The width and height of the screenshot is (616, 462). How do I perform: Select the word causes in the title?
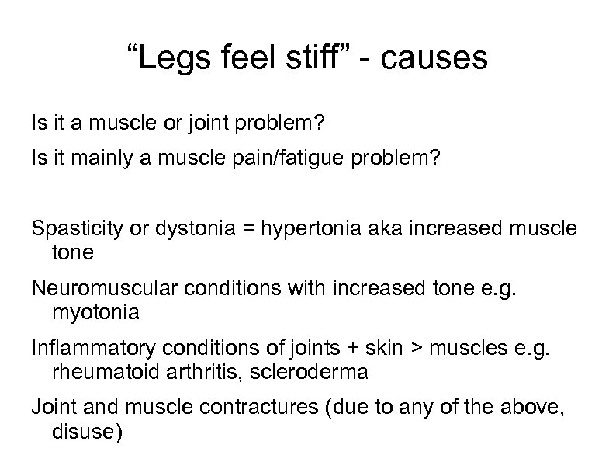[438, 59]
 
